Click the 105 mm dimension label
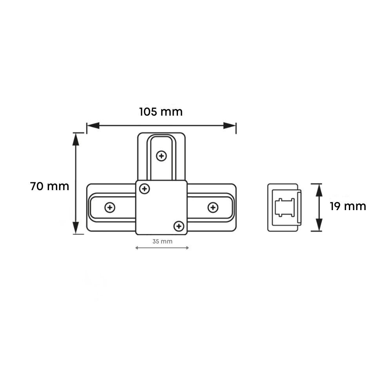(161, 112)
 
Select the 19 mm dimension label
(348, 206)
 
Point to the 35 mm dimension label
(162, 241)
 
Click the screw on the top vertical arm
(161, 156)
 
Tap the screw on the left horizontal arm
(110, 207)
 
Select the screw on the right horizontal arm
(213, 207)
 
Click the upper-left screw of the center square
(145, 189)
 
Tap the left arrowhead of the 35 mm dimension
(137, 248)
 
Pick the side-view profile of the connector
(284, 207)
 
